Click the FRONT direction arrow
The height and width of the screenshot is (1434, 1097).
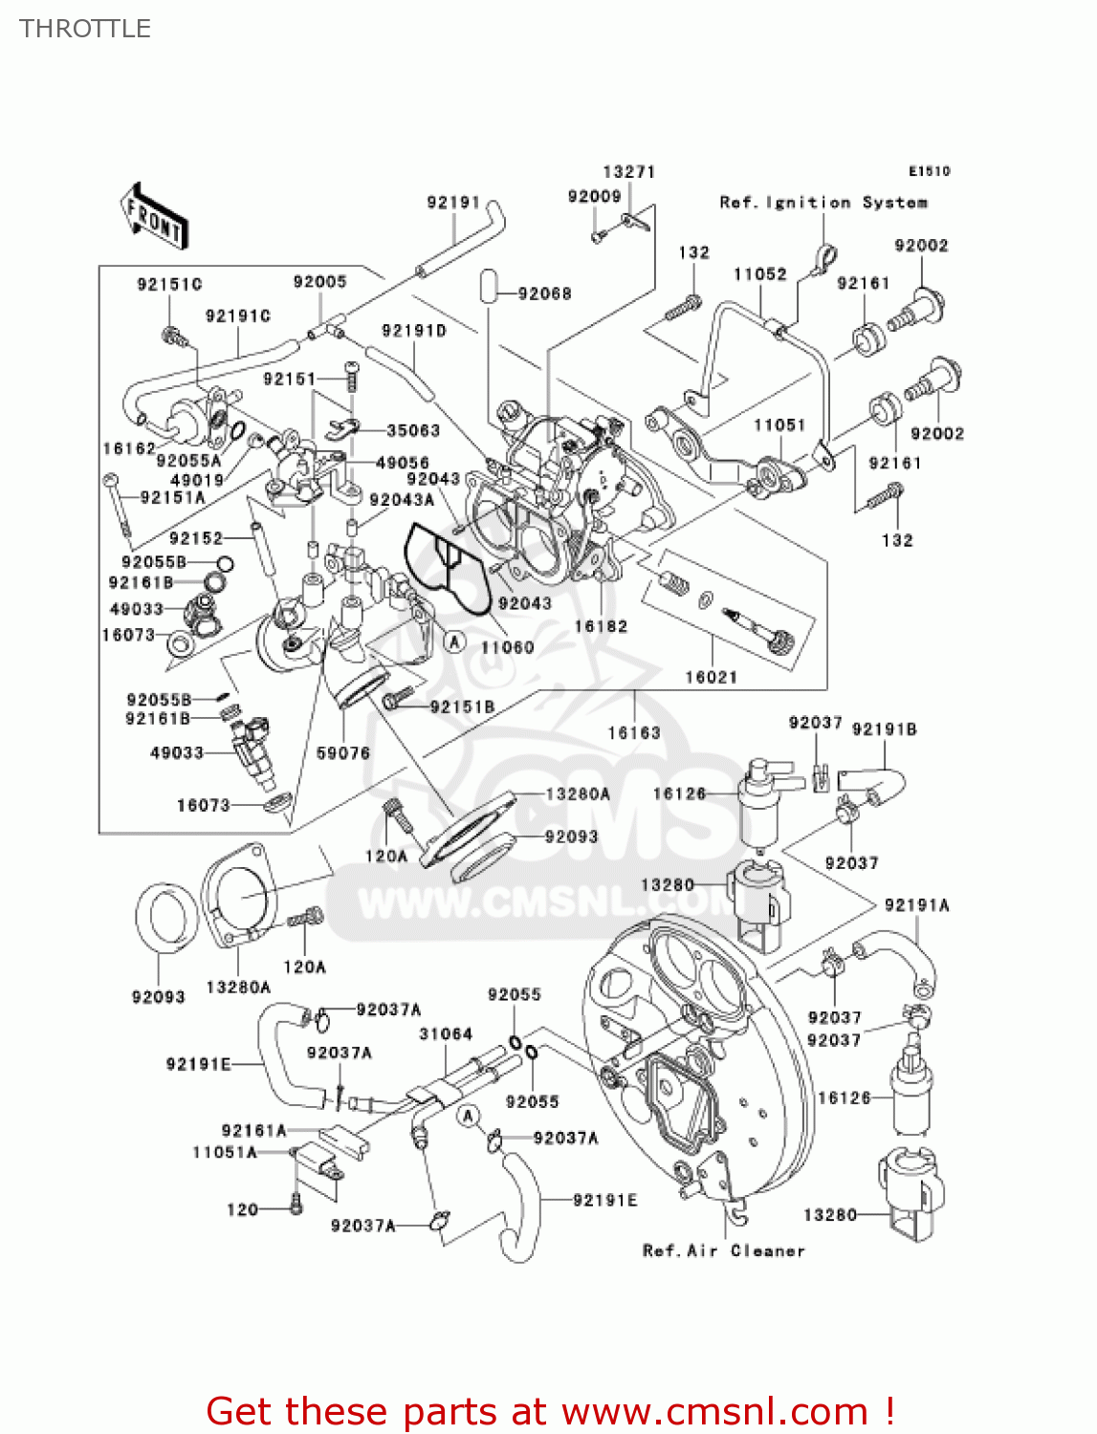(x=154, y=218)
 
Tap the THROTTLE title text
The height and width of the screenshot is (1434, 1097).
(x=85, y=29)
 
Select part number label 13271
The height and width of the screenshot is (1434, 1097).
(x=628, y=172)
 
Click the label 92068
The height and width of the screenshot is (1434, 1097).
(x=544, y=293)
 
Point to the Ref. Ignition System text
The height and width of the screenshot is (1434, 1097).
(x=823, y=203)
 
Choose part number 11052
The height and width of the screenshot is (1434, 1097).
(x=759, y=274)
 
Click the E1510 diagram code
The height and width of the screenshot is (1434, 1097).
(x=929, y=171)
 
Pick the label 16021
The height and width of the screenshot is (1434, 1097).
(x=711, y=677)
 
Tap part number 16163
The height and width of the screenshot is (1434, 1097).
(x=634, y=732)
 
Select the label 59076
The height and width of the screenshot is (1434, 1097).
(x=342, y=753)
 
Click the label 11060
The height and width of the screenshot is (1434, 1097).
(x=507, y=647)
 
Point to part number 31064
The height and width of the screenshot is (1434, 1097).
(x=446, y=1033)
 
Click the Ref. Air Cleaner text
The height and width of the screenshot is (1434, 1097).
(x=723, y=1250)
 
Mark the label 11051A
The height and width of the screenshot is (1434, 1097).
(x=225, y=1152)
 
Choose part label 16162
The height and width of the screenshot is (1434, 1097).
(x=129, y=448)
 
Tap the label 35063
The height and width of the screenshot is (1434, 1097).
(x=413, y=430)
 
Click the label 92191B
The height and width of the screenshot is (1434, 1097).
(x=884, y=729)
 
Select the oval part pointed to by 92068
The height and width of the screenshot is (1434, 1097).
(x=488, y=286)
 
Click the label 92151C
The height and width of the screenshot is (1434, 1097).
(x=169, y=284)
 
